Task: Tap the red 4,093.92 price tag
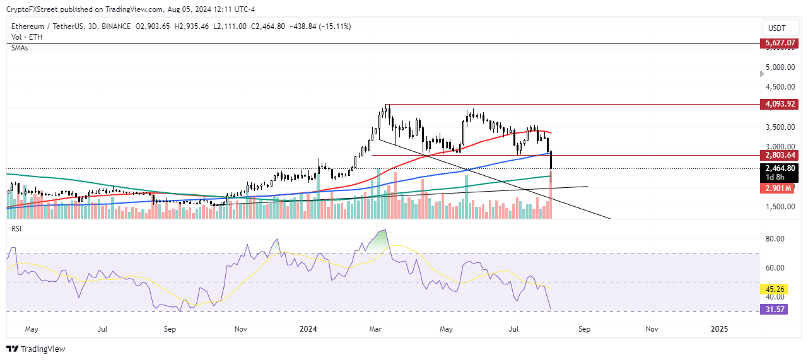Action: click(777, 105)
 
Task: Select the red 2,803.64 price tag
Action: click(777, 155)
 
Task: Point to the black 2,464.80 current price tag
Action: click(777, 168)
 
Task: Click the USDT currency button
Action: click(777, 28)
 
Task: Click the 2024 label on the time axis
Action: click(308, 328)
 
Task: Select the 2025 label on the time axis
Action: click(719, 328)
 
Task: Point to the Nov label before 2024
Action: click(240, 328)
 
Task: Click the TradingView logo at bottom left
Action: click(36, 349)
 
